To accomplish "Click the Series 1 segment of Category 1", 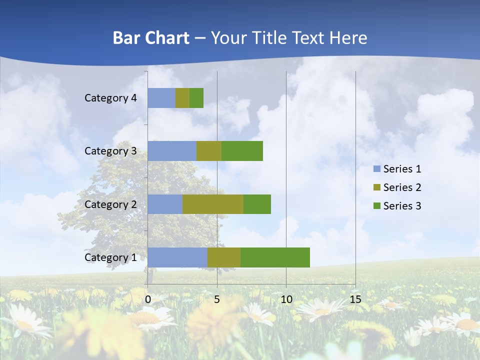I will pos(177,257).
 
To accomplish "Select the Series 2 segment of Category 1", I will pos(224,257).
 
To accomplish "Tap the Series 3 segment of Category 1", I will pos(275,257).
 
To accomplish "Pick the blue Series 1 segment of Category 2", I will pos(165,204).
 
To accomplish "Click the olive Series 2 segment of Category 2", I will pos(213,204).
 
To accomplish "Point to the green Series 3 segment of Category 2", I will pos(257,204).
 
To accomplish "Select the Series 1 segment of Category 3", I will pos(172,151).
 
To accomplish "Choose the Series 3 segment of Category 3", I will pos(242,151).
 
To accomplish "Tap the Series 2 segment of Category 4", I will pos(182,98).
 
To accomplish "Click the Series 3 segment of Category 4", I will pos(196,98).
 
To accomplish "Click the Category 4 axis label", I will pos(110,98).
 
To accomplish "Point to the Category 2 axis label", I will pos(110,204).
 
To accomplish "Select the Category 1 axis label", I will pos(110,257).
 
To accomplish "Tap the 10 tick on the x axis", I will pos(286,299).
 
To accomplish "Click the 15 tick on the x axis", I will pos(355,299).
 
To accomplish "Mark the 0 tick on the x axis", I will pos(148,299).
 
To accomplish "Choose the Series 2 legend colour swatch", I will pos(376,187).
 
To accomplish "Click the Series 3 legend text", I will pos(402,206).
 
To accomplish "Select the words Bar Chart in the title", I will pos(151,38).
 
